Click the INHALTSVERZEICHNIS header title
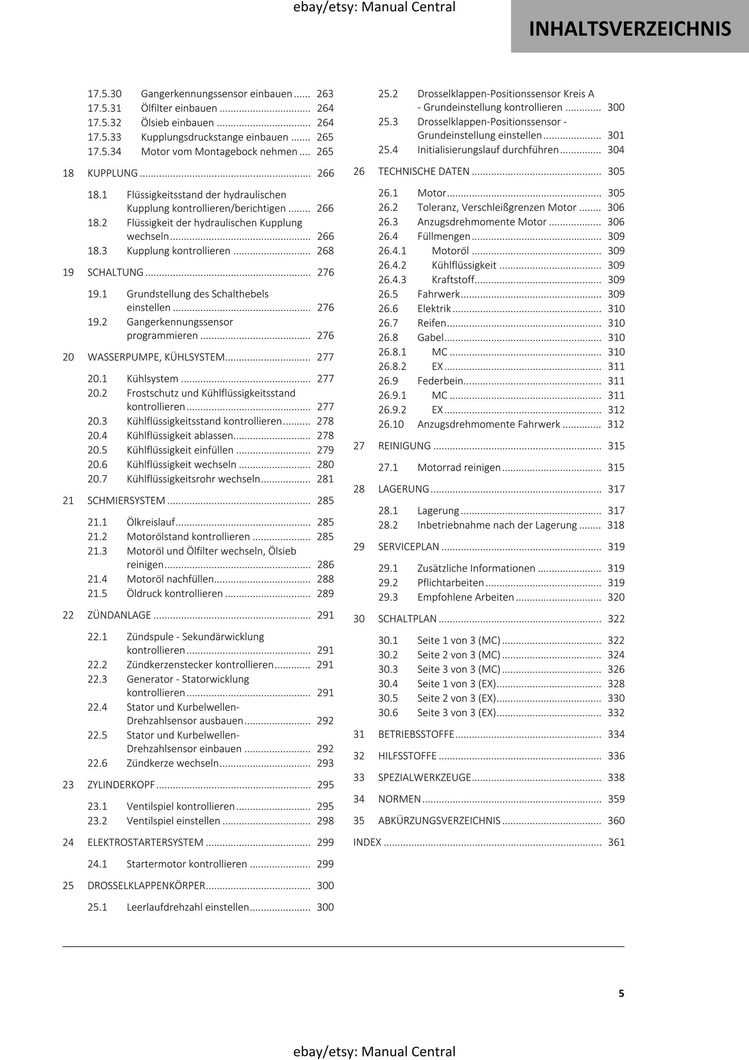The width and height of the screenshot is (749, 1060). point(630,29)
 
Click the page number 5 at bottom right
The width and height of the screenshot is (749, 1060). point(621,993)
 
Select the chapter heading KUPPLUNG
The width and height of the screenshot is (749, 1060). point(112,173)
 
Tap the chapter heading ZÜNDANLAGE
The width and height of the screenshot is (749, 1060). point(119,615)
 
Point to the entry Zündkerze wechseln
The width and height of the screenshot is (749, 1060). point(173,763)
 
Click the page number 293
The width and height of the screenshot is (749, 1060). point(325,763)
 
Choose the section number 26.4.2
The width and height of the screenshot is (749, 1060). point(392,265)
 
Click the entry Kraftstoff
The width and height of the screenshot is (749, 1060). point(453,280)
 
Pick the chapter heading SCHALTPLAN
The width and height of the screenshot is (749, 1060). point(407,619)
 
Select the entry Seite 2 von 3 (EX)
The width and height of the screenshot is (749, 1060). point(457,698)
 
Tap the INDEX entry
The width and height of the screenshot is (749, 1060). point(367,842)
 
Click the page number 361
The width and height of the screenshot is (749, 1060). point(616,842)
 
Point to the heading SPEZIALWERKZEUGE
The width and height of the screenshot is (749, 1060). point(425,778)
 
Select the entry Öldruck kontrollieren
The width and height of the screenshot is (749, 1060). point(175,593)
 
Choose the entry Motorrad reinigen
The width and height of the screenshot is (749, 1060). point(459,468)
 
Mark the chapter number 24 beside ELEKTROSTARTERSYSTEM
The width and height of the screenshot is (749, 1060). point(68,842)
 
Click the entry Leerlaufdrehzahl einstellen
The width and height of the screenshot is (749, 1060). point(188,907)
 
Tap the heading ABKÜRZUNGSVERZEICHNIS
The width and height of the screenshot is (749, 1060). point(439,821)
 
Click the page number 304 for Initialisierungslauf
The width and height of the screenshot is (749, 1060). point(616,150)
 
